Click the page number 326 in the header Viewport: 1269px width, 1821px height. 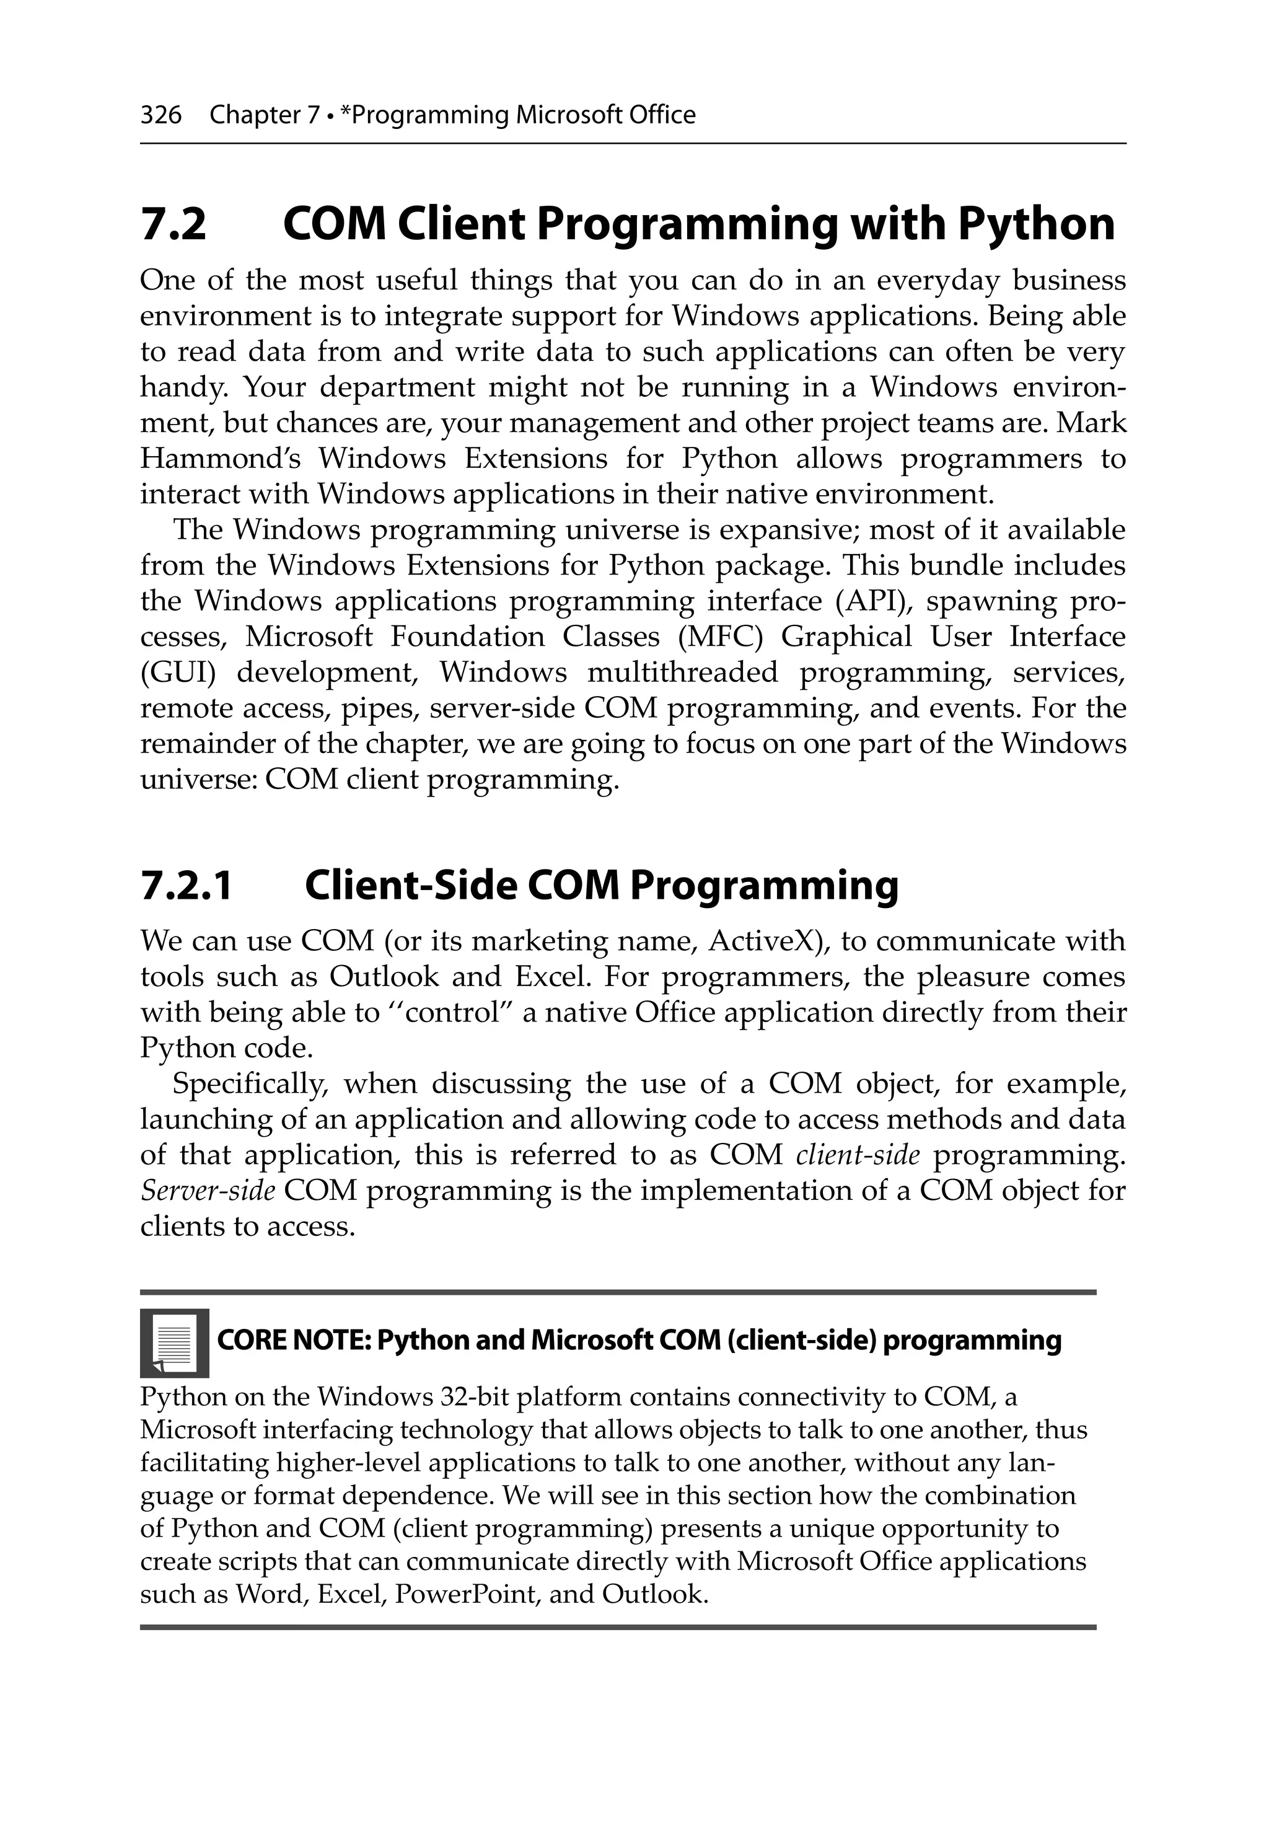160,116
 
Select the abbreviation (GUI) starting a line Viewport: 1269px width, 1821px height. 178,672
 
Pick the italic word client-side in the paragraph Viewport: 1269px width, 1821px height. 858,1155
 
